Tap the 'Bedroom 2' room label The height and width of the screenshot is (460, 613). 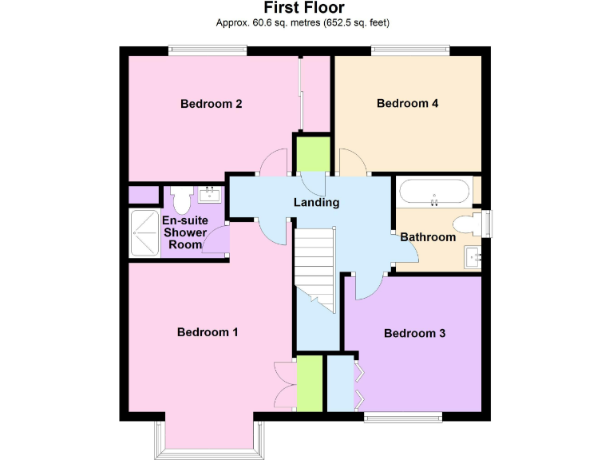coord(211,104)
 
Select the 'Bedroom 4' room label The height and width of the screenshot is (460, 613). coord(408,103)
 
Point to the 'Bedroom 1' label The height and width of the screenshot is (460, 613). coord(208,332)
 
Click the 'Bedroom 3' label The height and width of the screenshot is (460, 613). coord(414,333)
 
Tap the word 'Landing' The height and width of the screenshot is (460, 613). coord(316,202)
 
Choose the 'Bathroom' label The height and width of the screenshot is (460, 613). coord(428,237)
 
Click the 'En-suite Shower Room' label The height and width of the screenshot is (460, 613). coord(184,232)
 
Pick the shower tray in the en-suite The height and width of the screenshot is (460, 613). coord(144,232)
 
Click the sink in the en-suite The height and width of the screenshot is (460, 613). coord(210,194)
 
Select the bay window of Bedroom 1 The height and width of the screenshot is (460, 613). coord(208,435)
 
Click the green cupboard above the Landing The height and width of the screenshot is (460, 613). coord(313,153)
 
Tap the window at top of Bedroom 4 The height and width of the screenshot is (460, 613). coord(409,51)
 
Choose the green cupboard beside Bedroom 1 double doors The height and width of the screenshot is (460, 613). coord(310,383)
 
